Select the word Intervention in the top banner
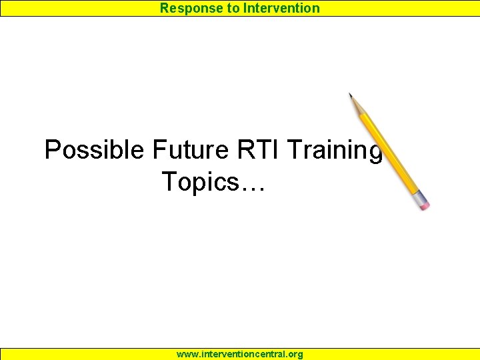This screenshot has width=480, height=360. pos(281,8)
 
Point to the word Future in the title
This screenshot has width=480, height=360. pos(191,150)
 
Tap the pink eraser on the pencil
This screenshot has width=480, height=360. pos(423,203)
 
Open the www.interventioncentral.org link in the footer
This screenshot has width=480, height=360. pos(239,354)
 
